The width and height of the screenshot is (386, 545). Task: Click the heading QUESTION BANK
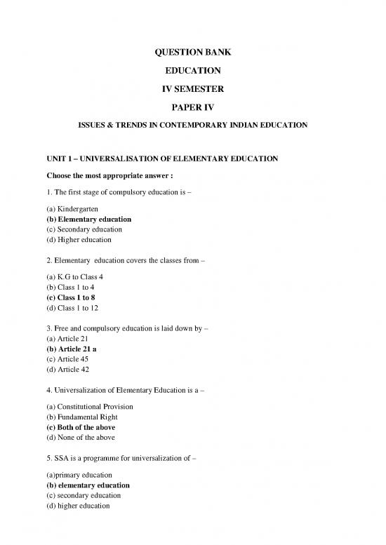pos(192,52)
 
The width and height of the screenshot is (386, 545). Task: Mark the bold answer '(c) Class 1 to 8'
pos(75,297)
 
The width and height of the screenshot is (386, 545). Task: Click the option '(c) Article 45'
pos(72,359)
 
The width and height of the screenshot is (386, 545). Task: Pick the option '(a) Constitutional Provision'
pos(93,407)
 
